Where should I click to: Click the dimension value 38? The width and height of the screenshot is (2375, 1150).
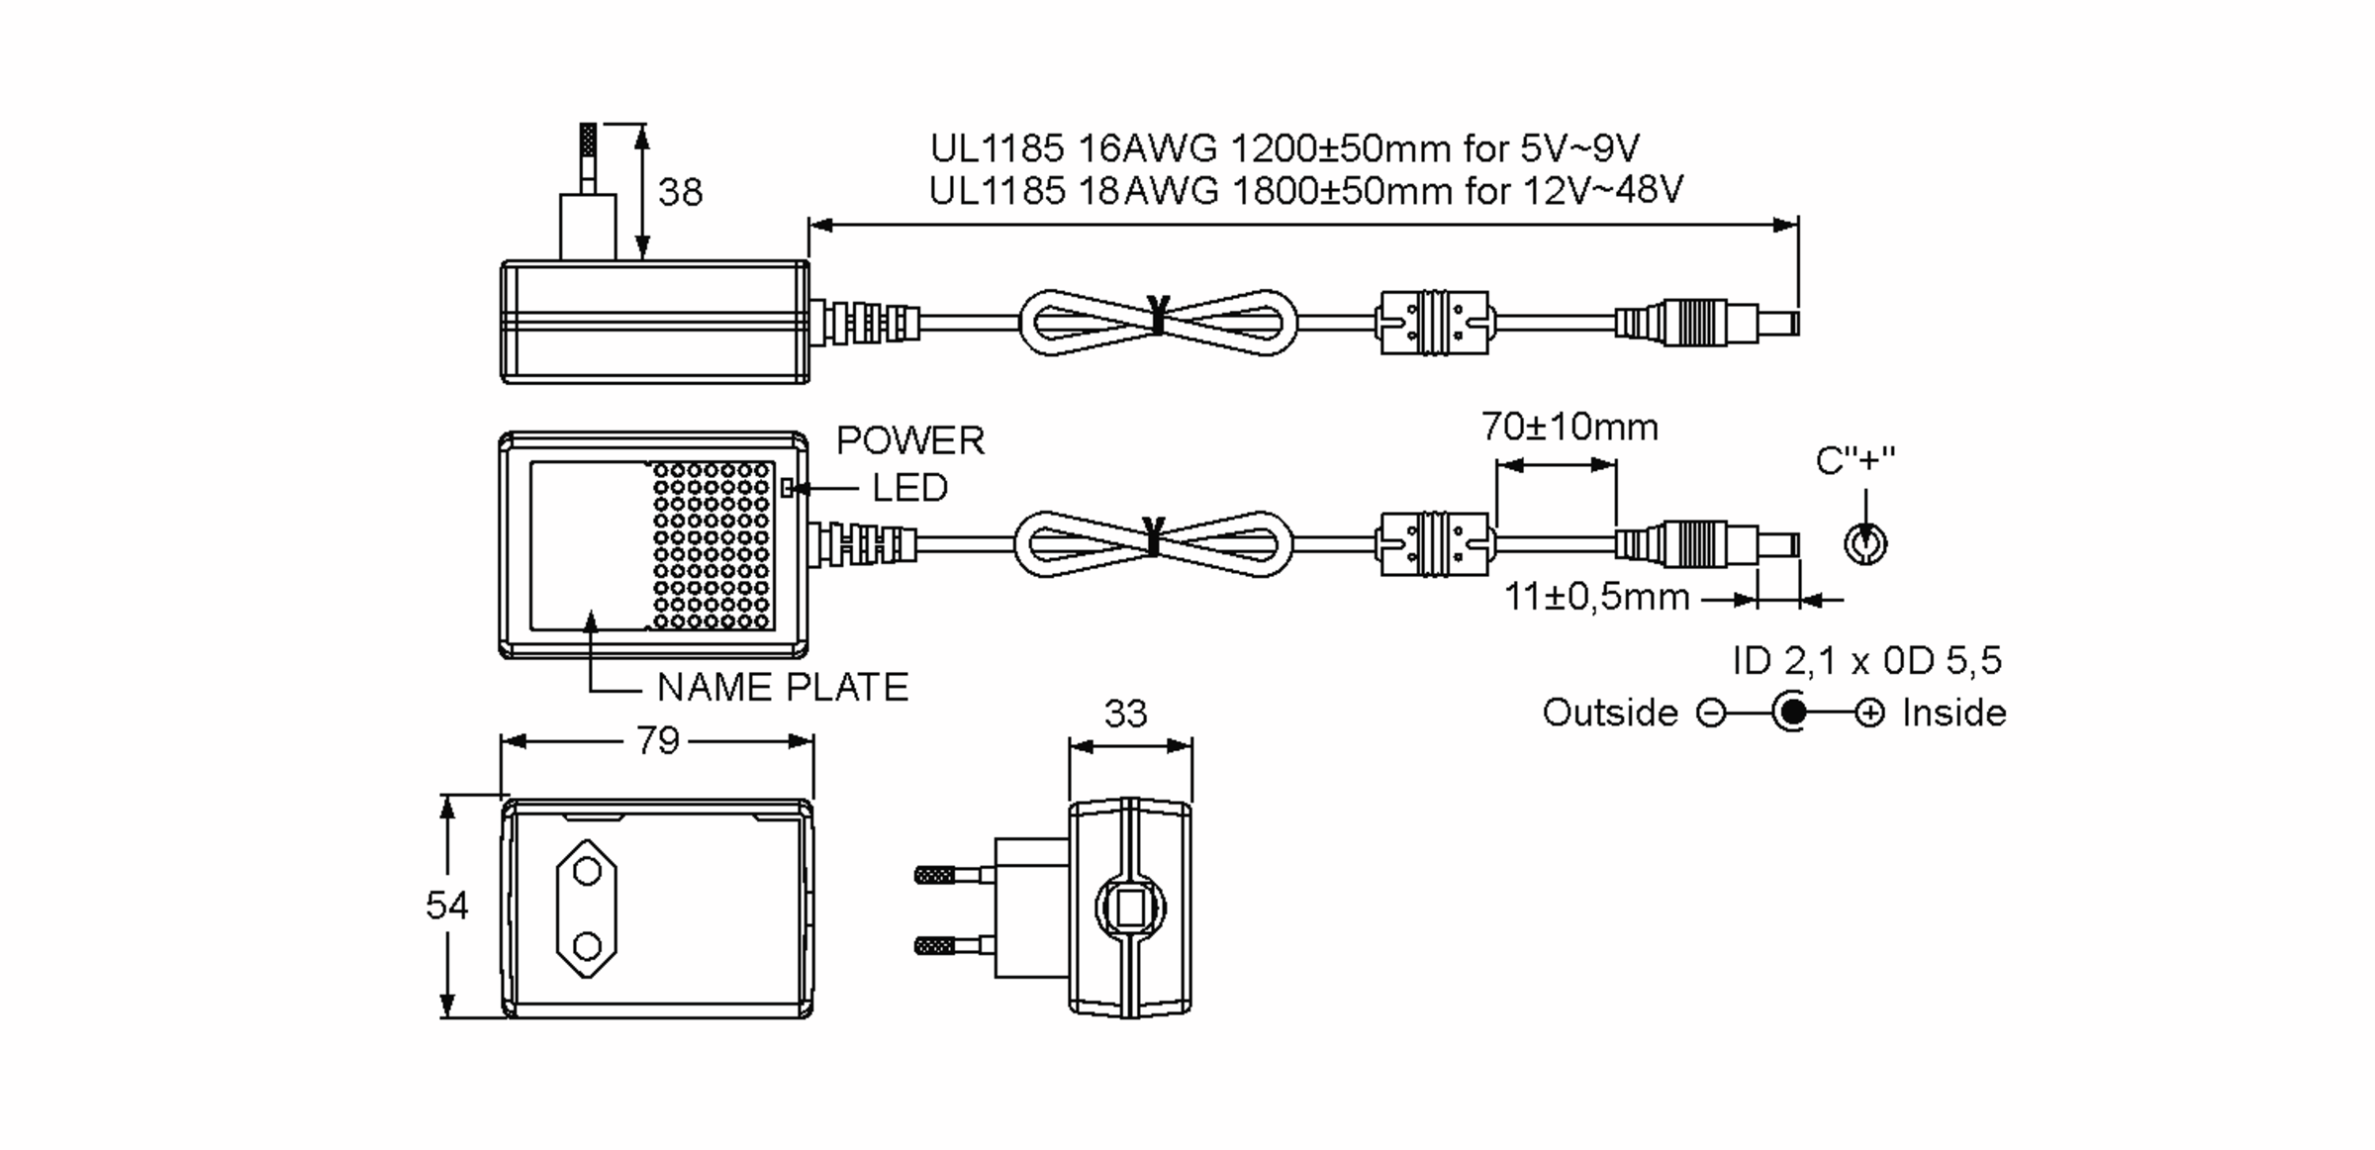(x=680, y=192)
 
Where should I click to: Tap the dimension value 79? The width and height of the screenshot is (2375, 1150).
(x=658, y=740)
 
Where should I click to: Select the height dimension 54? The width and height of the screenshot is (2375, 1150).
(x=446, y=906)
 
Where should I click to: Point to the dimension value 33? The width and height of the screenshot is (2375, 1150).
(x=1125, y=714)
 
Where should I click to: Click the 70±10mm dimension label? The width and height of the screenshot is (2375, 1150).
(x=1569, y=428)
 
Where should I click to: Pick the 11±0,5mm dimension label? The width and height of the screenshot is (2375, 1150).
(x=1595, y=598)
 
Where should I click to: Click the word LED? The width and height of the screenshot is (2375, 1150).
(x=908, y=488)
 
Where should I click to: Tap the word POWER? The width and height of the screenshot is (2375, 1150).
(x=910, y=441)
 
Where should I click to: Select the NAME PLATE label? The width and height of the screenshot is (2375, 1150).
(x=782, y=688)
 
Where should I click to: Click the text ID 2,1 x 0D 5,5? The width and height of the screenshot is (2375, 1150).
(x=1866, y=661)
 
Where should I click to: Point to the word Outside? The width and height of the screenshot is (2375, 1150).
(x=1609, y=713)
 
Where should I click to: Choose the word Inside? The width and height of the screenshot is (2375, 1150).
(x=1953, y=713)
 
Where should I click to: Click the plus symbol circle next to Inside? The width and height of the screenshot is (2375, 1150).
(x=1869, y=714)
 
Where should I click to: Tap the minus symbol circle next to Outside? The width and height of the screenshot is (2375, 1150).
(x=1711, y=714)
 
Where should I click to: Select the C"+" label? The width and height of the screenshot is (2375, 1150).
(x=1854, y=461)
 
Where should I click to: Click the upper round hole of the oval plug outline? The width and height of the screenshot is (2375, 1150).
(x=587, y=872)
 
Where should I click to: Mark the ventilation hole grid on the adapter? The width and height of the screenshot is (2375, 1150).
(x=712, y=545)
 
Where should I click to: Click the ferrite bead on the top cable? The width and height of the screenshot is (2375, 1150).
(x=1434, y=323)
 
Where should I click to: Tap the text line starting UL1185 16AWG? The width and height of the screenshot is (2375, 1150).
(x=1283, y=148)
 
